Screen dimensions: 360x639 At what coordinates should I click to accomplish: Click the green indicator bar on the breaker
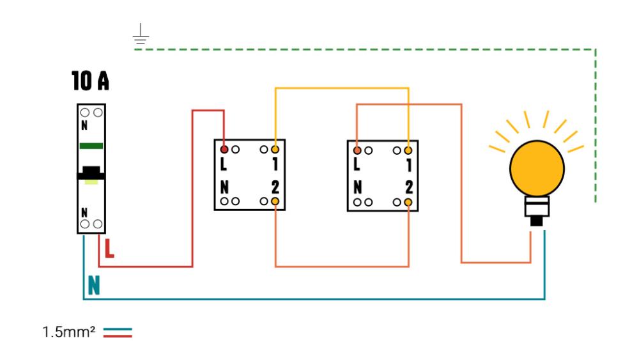[x=91, y=146]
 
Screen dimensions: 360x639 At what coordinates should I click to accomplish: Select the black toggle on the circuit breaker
[x=91, y=171]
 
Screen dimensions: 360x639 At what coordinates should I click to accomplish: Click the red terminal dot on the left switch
[x=224, y=149]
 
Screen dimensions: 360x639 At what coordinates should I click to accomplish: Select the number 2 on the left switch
[x=275, y=188]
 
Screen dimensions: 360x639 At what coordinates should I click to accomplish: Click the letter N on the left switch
[x=224, y=188]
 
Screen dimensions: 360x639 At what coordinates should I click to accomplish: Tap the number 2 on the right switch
[x=408, y=188]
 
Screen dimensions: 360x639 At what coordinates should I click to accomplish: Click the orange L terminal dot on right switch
[x=357, y=149]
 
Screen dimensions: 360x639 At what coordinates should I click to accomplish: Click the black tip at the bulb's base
[x=537, y=221]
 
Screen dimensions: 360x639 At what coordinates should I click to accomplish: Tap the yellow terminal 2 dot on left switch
[x=275, y=201]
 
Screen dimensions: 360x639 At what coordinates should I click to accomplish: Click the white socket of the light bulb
[x=537, y=207]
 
